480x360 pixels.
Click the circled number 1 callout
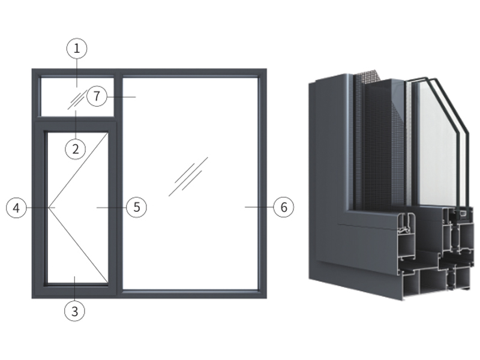pyautogui.click(x=77, y=49)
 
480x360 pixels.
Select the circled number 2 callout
pyautogui.click(x=76, y=149)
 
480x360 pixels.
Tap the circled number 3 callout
pyautogui.click(x=74, y=311)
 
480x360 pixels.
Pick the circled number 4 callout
pyautogui.click(x=16, y=208)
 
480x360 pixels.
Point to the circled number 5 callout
pyautogui.click(x=137, y=207)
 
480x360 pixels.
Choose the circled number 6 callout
pyautogui.click(x=284, y=207)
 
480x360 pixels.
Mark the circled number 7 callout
pyautogui.click(x=97, y=97)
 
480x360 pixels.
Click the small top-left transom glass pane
pyautogui.click(x=77, y=97)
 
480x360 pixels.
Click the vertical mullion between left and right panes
pyautogui.click(x=119, y=183)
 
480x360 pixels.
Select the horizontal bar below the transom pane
pyautogui.click(x=76, y=119)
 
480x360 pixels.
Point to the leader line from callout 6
pyautogui.click(x=259, y=207)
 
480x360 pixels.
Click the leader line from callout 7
pyautogui.click(x=121, y=97)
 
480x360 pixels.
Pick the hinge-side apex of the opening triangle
pyautogui.click(x=49, y=208)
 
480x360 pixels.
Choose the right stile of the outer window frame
pyautogui.click(x=263, y=184)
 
